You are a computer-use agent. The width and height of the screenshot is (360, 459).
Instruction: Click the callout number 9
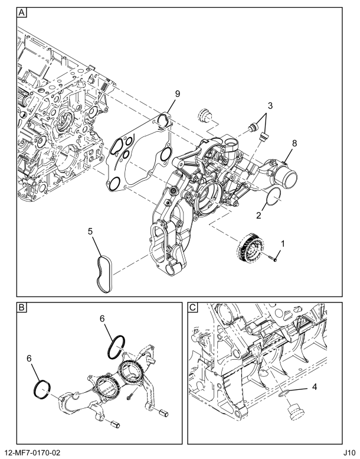(x=178, y=94)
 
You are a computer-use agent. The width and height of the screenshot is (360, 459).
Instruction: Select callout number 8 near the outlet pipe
(x=294, y=143)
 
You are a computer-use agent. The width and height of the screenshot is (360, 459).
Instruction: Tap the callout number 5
(x=90, y=231)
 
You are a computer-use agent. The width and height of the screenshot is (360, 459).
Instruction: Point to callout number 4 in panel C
(x=315, y=387)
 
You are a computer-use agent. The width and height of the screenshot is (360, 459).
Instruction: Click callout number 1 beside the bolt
(x=283, y=243)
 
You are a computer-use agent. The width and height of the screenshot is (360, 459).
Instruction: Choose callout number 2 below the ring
(x=258, y=216)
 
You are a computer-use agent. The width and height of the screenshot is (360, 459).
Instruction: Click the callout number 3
(x=270, y=105)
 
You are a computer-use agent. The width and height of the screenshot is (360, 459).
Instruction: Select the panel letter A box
(x=22, y=12)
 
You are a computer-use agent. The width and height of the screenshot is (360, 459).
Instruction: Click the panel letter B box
(x=22, y=307)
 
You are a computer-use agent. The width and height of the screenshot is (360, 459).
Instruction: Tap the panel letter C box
(x=193, y=307)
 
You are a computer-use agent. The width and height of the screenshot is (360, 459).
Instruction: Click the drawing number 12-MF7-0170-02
(x=31, y=453)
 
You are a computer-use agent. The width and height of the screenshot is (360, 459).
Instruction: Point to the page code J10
(x=349, y=453)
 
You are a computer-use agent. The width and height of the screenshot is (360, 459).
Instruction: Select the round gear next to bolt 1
(x=250, y=246)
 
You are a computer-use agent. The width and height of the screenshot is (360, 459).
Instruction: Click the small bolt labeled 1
(x=273, y=258)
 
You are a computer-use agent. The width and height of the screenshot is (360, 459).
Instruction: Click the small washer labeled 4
(x=283, y=393)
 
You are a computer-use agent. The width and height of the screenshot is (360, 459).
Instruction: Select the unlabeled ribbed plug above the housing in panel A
(x=204, y=115)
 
